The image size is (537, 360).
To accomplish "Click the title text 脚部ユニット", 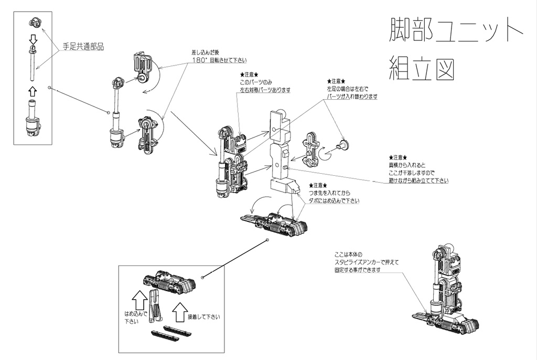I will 455,33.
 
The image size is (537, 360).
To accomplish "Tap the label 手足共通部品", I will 83,47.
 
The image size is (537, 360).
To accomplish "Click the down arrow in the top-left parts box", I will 33,39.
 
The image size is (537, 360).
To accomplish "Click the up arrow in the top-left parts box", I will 33,91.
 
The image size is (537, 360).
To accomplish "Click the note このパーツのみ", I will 257,82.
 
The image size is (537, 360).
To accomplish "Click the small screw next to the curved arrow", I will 344,145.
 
